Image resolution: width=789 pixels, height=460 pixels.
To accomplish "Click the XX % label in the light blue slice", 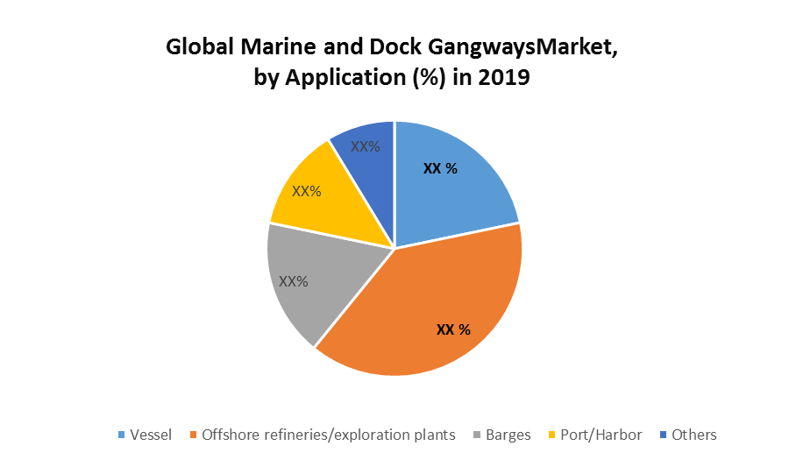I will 440,168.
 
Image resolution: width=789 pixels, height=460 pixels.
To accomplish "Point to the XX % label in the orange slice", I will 453,330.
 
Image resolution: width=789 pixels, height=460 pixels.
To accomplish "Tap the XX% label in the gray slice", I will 293,282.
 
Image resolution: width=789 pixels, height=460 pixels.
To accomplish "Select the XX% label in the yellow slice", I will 306,190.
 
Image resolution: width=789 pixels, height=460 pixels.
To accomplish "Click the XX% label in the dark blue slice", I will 365,146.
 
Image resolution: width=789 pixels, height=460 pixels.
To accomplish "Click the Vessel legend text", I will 151,435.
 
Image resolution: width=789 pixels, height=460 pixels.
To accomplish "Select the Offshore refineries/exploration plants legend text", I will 329,435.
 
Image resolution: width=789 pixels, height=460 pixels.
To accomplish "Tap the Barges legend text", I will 508,435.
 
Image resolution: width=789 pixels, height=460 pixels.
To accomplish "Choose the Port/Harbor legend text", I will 601,435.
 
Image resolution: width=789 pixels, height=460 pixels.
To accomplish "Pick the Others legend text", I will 694,435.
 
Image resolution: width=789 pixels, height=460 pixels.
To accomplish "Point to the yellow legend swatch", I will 552,435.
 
